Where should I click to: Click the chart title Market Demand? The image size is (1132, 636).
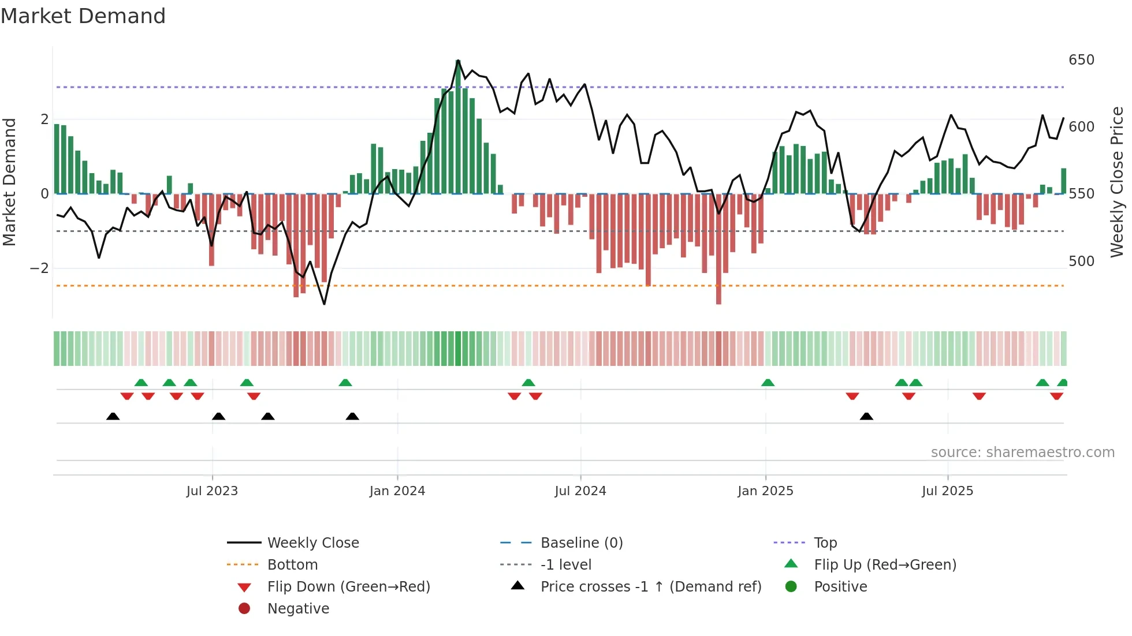tap(83, 16)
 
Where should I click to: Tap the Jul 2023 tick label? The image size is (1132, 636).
tap(212, 491)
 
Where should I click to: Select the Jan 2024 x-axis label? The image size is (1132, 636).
tap(397, 491)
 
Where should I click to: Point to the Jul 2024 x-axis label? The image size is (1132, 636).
tap(580, 491)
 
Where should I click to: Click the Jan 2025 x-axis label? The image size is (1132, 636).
tap(765, 491)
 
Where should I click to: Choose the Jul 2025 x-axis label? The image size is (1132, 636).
tap(948, 491)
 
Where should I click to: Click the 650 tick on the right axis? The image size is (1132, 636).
tap(1081, 60)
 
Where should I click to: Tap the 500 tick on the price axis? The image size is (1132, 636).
tap(1081, 261)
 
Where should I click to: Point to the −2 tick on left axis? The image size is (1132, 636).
tap(39, 268)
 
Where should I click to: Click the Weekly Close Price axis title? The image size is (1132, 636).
tap(1117, 182)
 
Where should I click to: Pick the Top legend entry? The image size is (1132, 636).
tap(825, 543)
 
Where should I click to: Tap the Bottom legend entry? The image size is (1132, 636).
tap(292, 565)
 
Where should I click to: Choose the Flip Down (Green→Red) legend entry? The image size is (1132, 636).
tap(348, 587)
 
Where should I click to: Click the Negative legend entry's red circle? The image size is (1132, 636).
tap(244, 609)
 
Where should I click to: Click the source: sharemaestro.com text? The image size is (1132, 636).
tap(1022, 452)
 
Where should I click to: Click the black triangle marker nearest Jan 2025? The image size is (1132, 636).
tap(866, 417)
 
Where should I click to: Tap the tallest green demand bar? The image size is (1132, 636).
tap(458, 127)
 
